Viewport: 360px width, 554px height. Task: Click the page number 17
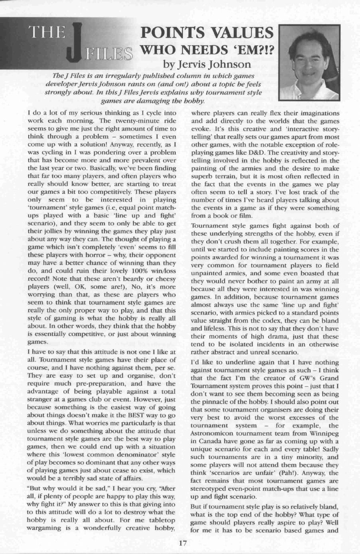coord(183,543)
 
